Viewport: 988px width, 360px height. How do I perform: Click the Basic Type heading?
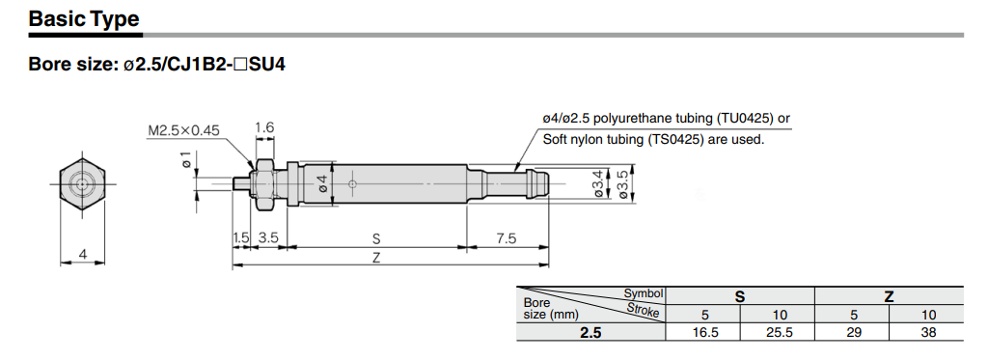click(84, 18)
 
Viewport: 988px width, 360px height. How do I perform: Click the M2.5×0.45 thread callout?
click(183, 130)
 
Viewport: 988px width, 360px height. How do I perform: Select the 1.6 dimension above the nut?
click(264, 128)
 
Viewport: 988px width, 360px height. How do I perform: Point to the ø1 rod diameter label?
click(187, 160)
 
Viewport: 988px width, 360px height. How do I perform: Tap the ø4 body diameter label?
click(322, 184)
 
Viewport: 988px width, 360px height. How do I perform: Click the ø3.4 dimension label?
click(599, 183)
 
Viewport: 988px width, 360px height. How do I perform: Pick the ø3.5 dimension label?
click(624, 183)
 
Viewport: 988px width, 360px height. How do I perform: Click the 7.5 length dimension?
click(506, 237)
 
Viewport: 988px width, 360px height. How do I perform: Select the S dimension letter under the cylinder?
click(376, 239)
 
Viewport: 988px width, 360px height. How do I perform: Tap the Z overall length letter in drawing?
click(376, 258)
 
